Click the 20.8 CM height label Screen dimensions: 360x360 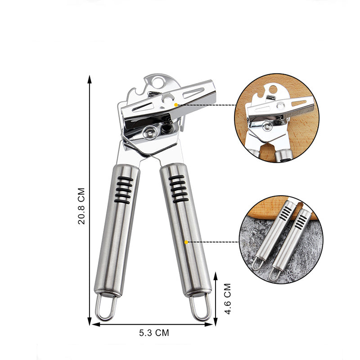point(81,206)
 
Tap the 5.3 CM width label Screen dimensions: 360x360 point(154,333)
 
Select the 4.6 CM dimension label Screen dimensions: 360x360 point(228,299)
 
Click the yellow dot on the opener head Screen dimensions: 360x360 point(176,105)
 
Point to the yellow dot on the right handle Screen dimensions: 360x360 point(186,242)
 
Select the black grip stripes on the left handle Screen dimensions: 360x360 point(123,190)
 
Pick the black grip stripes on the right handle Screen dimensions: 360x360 point(179,189)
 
